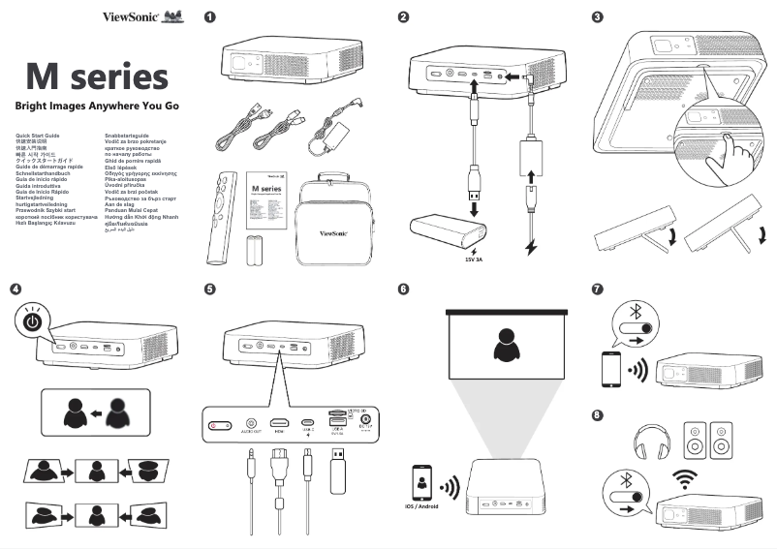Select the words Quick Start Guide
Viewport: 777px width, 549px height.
coord(32,136)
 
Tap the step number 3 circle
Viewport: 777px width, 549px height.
coord(597,17)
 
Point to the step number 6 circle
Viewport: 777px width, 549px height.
coord(403,289)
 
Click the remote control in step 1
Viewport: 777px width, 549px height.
coord(224,212)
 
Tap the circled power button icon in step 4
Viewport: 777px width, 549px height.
coord(33,321)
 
